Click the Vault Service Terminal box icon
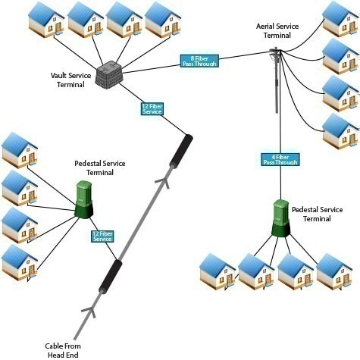109,73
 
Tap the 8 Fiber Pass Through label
199,61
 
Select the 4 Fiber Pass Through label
280,160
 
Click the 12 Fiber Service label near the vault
152,109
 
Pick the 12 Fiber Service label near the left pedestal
102,236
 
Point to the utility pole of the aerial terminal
277,80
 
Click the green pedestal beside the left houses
84,199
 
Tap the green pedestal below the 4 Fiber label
280,218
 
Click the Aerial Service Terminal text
277,31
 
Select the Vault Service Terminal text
70,80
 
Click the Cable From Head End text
63,350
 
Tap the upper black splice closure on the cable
181,151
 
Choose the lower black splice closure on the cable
111,277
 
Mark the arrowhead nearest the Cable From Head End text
89,311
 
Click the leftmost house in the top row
46,20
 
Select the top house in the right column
340,19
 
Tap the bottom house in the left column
20,262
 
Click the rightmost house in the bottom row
334,272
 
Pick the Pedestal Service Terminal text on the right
317,214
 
